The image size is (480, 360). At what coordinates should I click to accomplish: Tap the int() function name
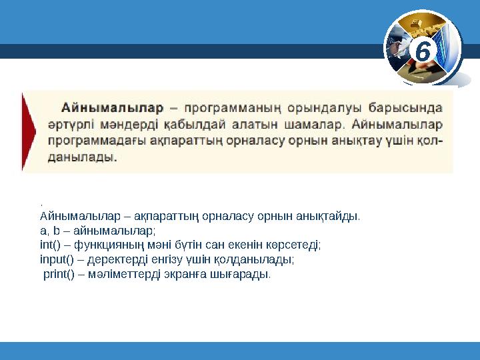click(x=50, y=245)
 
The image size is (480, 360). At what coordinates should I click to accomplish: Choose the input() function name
click(x=55, y=259)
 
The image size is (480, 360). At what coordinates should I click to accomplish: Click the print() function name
click(x=58, y=274)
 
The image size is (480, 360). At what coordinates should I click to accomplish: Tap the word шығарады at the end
click(x=245, y=274)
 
